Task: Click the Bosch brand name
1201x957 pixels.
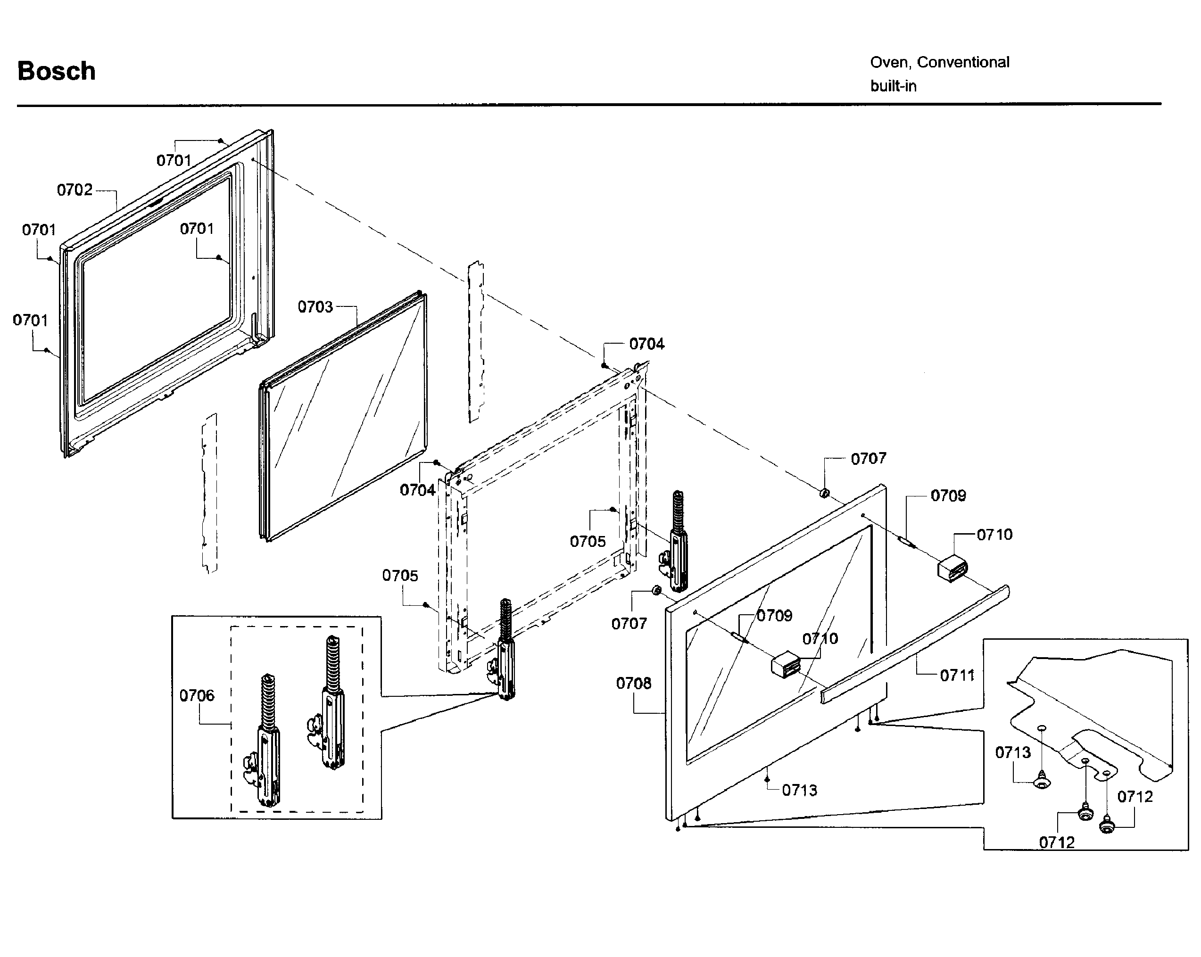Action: [x=56, y=71]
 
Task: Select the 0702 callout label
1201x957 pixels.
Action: [x=75, y=190]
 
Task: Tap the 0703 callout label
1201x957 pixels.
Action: [x=315, y=307]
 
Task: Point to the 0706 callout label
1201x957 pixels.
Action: [x=197, y=695]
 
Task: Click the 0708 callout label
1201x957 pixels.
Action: [x=633, y=683]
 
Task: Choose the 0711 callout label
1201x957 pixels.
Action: [x=957, y=676]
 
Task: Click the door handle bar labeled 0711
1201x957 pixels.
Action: [x=913, y=643]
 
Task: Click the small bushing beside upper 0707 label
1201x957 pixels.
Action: [x=824, y=493]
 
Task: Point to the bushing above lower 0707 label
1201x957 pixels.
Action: [x=656, y=590]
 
